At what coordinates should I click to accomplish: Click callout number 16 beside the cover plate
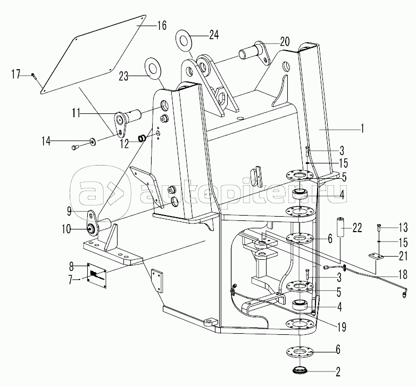tap(161, 26)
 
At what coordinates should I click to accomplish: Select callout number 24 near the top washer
tap(213, 35)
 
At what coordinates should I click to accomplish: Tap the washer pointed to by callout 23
tap(152, 68)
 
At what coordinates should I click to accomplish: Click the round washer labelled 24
tap(184, 40)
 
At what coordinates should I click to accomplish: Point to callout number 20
tap(285, 42)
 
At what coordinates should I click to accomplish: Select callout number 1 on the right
tap(361, 129)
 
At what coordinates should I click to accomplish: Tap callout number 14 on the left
tap(46, 141)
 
